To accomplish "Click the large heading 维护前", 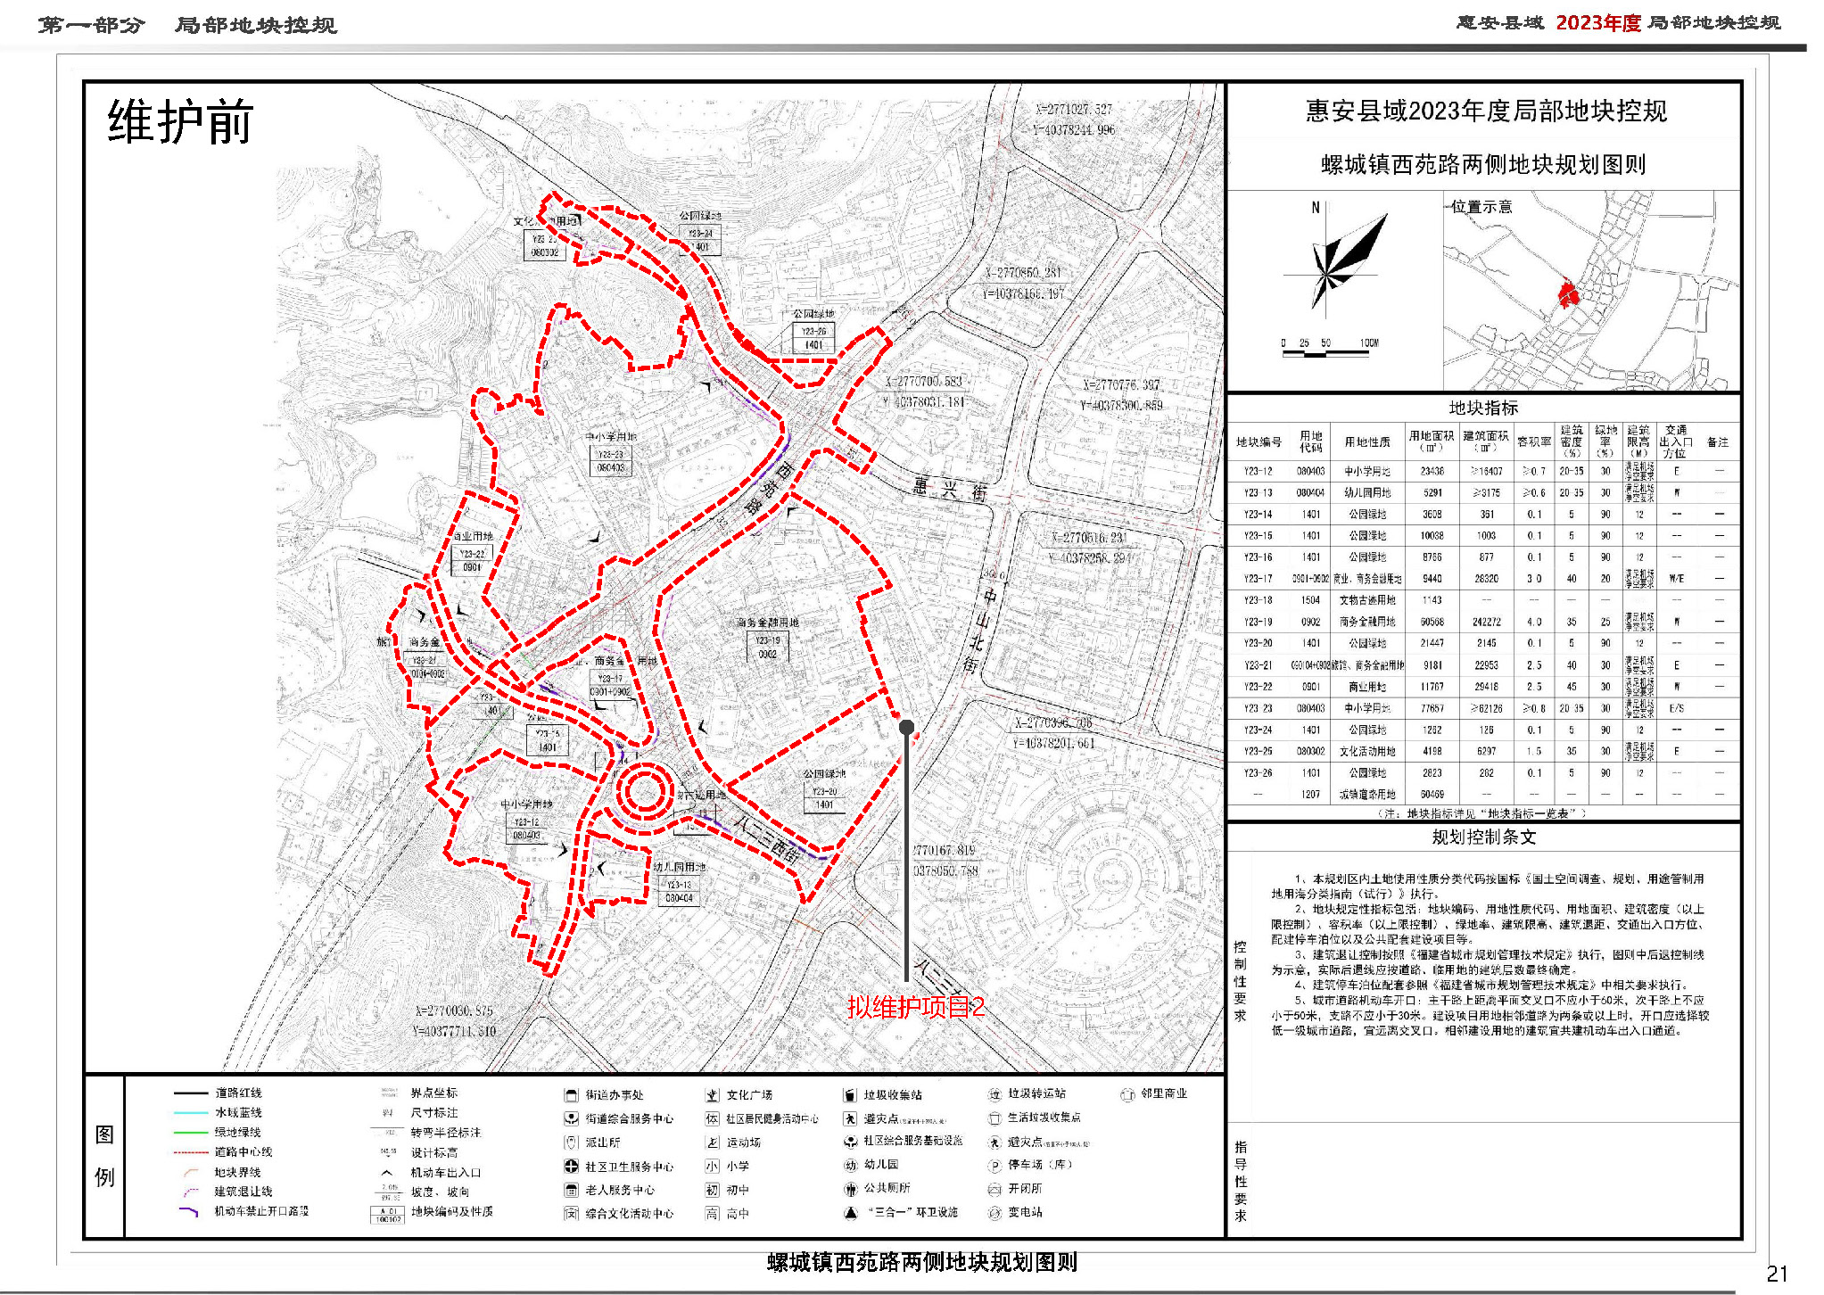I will pos(180,122).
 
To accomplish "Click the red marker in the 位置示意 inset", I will pos(1567,294).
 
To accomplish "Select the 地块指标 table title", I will pos(1482,408).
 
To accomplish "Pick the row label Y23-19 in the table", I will pos(1258,622).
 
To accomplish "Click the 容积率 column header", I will pos(1533,441).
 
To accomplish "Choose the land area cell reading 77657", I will pos(1432,708).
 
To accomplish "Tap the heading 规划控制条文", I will pos(1483,837).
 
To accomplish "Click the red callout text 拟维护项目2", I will pos(916,1007).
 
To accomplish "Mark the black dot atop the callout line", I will pos(906,727).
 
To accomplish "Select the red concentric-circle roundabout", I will pos(644,790).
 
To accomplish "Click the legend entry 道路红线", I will pos(238,1093).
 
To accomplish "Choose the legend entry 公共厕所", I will pos(887,1188).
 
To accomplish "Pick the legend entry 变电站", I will pos(1025,1212).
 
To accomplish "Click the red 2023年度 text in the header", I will pos(1598,23).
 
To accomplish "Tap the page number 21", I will pos(1777,1274).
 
